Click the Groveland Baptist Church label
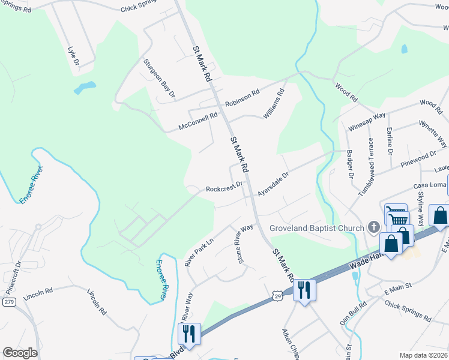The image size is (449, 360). [x=316, y=228]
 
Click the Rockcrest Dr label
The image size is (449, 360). [x=224, y=188]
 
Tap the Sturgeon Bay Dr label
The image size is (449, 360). [x=158, y=78]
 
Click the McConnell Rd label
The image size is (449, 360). [x=198, y=122]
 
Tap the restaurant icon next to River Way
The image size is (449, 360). [x=190, y=334]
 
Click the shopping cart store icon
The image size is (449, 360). [x=396, y=213]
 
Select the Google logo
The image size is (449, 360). [x=20, y=353]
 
